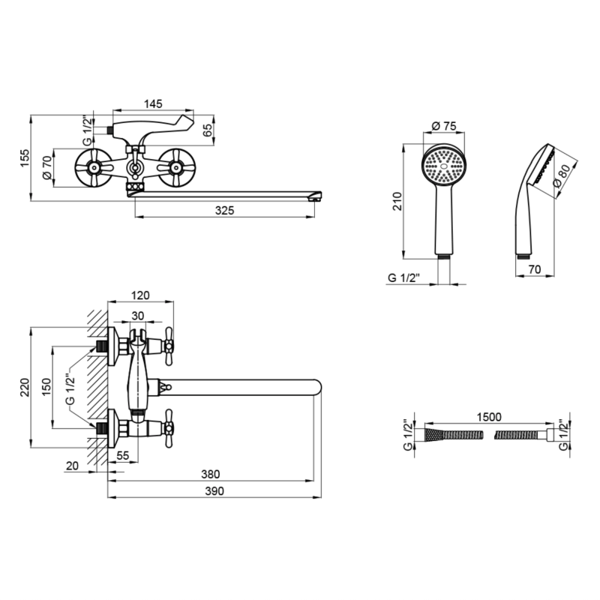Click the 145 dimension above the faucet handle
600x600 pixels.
coord(153,103)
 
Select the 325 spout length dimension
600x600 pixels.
coord(224,211)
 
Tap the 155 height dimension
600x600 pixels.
coord(25,157)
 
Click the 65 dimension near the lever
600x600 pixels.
coord(207,130)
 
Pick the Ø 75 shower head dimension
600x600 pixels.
coord(444,125)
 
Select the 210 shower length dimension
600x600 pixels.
coord(398,201)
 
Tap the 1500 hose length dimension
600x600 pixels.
coord(489,417)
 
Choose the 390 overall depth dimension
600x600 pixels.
coord(214,491)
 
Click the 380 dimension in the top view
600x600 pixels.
coord(211,474)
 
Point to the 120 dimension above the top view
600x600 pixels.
coord(140,295)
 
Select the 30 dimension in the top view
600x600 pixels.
coord(138,316)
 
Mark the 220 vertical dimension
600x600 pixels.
coord(25,387)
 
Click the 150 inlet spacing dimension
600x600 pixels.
coord(46,387)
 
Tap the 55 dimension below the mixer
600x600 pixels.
coord(123,455)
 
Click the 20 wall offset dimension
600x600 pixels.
coord(72,466)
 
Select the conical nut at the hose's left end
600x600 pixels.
coord(433,435)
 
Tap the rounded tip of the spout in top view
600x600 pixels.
coord(317,387)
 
